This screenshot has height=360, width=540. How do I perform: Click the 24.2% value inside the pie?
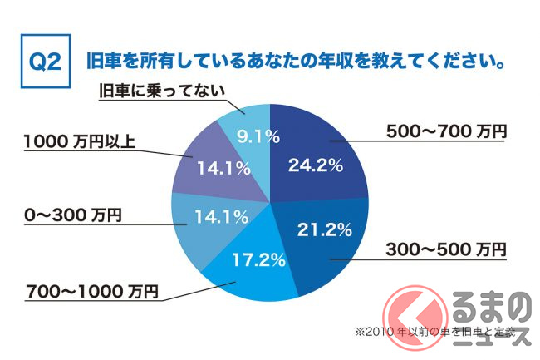click(315, 165)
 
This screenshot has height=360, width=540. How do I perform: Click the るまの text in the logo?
click(491, 310)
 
